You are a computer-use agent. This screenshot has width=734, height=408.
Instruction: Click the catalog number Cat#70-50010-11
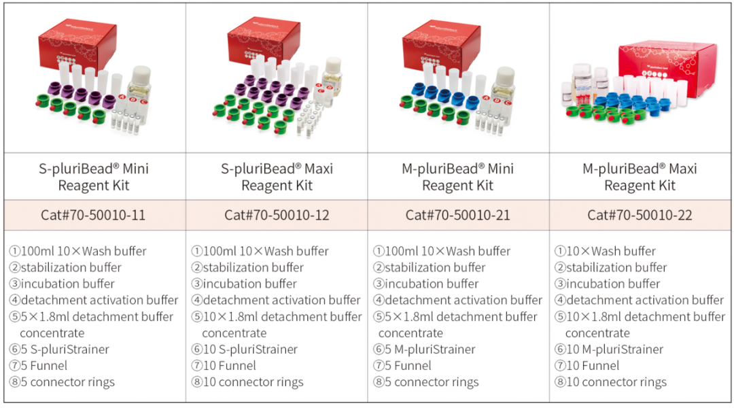pos(93,215)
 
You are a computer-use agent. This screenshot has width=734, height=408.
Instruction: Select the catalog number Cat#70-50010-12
pos(277,215)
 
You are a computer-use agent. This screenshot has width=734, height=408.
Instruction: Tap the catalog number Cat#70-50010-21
pos(458,215)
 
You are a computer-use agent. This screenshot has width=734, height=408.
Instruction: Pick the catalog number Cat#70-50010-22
pos(640,215)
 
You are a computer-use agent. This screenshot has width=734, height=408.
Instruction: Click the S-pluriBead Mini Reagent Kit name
pos(94,177)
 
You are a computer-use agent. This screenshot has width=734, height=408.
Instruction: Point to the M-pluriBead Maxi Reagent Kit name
pos(640,177)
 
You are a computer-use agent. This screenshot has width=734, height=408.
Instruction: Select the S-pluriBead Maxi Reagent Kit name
pos(277,177)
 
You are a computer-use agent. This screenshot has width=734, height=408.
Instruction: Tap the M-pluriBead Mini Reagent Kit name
pos(458,177)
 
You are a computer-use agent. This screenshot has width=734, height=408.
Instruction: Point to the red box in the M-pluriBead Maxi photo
pos(668,65)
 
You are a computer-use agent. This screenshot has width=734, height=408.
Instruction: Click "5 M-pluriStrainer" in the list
pos(430,350)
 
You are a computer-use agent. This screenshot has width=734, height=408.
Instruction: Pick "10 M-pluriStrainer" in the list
pos(614,350)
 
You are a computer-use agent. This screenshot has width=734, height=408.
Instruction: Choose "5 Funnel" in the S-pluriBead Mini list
pos(43,366)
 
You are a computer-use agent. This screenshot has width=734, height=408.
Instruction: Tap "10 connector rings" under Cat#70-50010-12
pos(253,382)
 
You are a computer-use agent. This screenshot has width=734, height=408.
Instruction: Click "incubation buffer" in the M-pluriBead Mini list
pos(432,284)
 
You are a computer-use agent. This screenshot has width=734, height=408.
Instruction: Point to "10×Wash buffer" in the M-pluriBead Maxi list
pos(611,251)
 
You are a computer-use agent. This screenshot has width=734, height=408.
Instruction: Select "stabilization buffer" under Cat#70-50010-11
pos(71,267)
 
